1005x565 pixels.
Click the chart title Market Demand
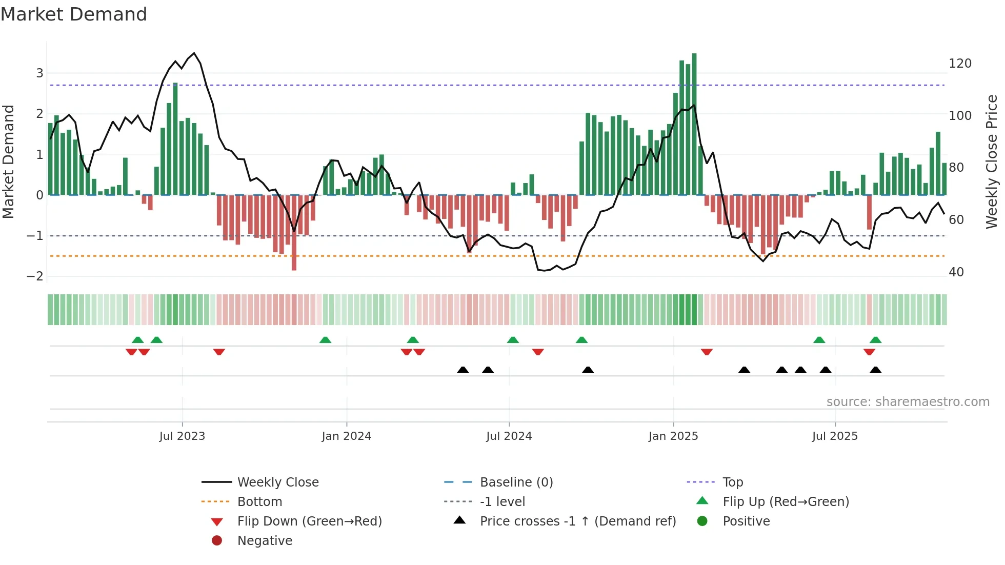tap(74, 14)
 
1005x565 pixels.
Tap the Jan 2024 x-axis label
tap(346, 436)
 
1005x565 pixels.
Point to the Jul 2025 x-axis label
tap(835, 436)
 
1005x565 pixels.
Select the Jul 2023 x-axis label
tap(182, 436)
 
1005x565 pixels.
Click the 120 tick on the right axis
tap(960, 64)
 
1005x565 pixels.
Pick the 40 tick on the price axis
tap(956, 272)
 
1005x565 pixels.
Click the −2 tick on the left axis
tap(35, 276)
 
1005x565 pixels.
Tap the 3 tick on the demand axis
tap(39, 73)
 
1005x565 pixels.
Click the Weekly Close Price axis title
tap(992, 162)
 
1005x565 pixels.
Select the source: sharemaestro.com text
tap(908, 402)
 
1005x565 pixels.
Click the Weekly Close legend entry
tap(277, 482)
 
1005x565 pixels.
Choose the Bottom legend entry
tap(259, 502)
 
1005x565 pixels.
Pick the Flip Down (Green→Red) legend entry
tap(309, 521)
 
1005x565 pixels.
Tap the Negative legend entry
tap(265, 541)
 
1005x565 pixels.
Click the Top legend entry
tap(733, 482)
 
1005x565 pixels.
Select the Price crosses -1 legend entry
tap(577, 521)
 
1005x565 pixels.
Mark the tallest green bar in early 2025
tap(694, 123)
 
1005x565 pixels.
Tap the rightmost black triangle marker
tap(875, 370)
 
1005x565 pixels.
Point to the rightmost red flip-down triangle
tap(869, 352)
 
